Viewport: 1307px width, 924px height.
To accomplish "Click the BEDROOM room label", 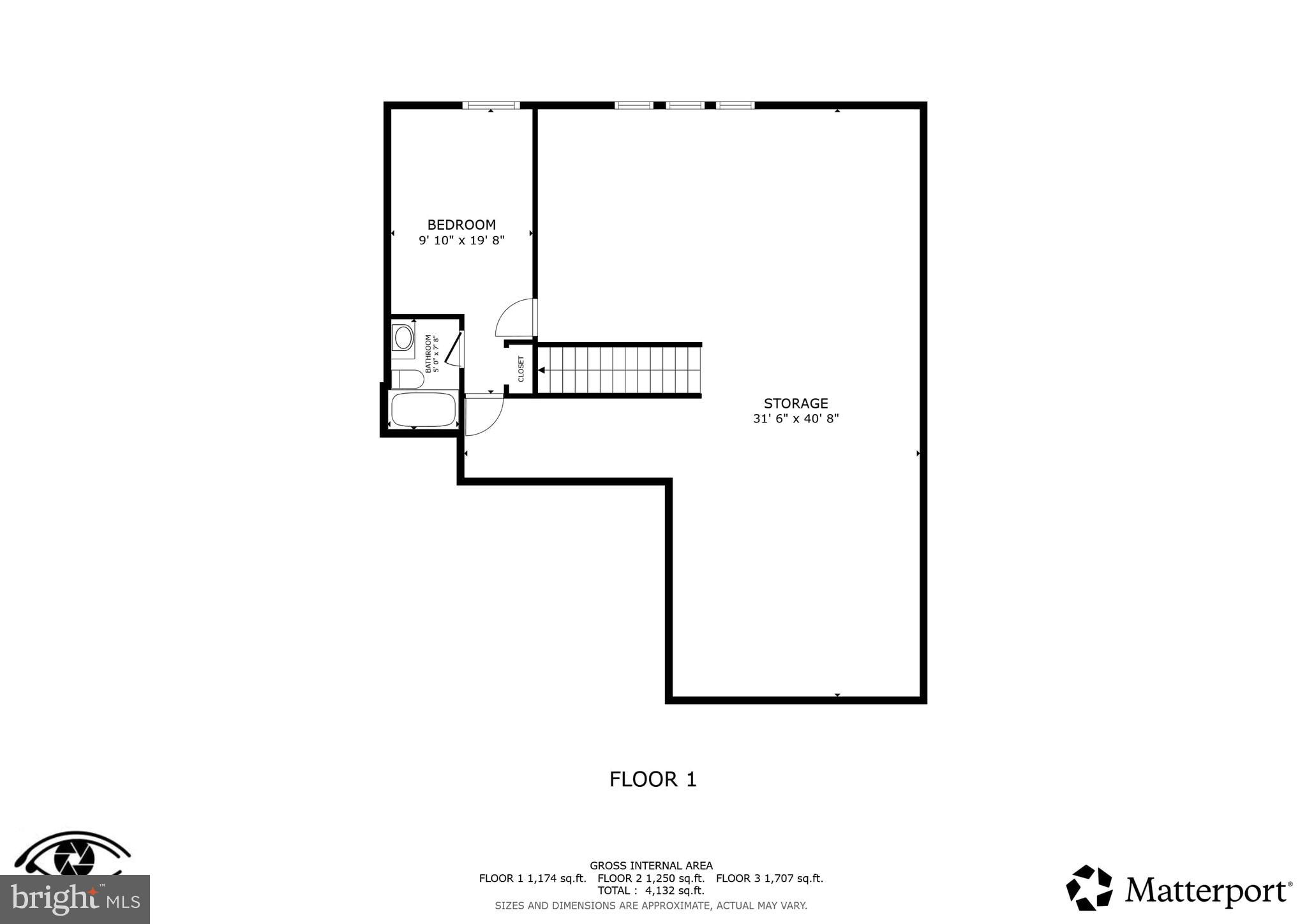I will [461, 225].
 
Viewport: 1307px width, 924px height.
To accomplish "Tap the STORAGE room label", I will [796, 403].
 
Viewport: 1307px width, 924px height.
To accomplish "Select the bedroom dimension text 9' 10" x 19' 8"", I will [461, 241].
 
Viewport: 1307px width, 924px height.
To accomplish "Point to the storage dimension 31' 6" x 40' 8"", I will [796, 419].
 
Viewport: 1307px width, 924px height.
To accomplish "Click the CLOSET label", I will [521, 369].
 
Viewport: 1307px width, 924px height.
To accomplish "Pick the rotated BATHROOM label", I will [428, 354].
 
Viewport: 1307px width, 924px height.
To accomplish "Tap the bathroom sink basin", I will [403, 338].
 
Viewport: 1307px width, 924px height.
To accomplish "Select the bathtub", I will [423, 410].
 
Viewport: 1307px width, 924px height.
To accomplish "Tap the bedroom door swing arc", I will [514, 318].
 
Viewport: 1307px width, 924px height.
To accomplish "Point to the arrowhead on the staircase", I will [541, 370].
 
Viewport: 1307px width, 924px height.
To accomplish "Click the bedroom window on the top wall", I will [491, 105].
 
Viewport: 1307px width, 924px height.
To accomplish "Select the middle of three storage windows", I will [685, 105].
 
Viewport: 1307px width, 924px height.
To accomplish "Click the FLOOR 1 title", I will [653, 779].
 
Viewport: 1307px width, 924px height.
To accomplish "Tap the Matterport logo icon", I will [1089, 888].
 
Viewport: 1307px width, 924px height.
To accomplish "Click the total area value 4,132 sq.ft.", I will [675, 891].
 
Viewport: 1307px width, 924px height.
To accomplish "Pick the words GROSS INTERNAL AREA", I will [651, 866].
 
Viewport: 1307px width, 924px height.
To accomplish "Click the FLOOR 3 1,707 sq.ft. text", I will [769, 879].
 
